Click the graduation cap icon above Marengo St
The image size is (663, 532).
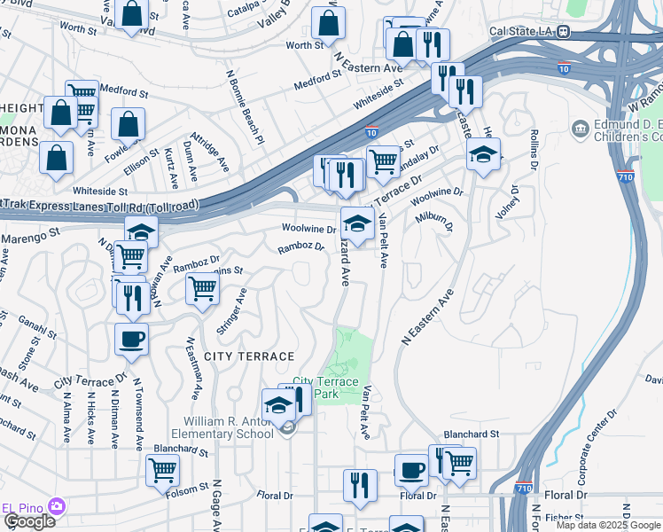(x=141, y=232)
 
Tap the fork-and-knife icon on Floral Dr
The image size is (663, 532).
(x=360, y=484)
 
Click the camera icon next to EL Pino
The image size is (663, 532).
(x=58, y=506)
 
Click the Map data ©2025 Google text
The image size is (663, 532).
(x=608, y=525)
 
